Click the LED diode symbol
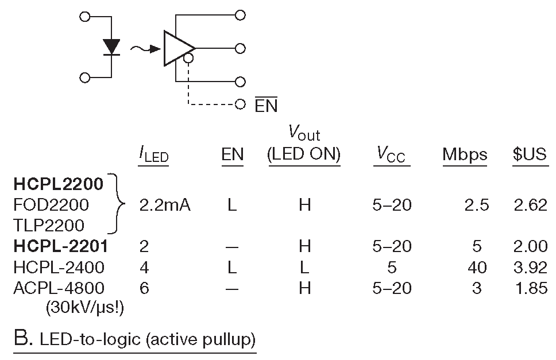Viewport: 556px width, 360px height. [x=111, y=47]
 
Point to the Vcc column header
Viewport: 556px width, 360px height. [x=392, y=155]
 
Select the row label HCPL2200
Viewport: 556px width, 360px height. [x=59, y=184]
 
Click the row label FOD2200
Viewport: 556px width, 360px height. [x=51, y=204]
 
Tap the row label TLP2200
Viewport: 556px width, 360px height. [x=49, y=225]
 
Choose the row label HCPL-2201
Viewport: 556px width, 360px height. [x=61, y=246]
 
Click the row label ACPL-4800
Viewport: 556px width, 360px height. [x=59, y=288]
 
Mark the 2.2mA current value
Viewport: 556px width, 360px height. [x=165, y=205]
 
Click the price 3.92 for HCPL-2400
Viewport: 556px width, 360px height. [x=530, y=267]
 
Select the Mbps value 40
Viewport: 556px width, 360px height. [x=477, y=267]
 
